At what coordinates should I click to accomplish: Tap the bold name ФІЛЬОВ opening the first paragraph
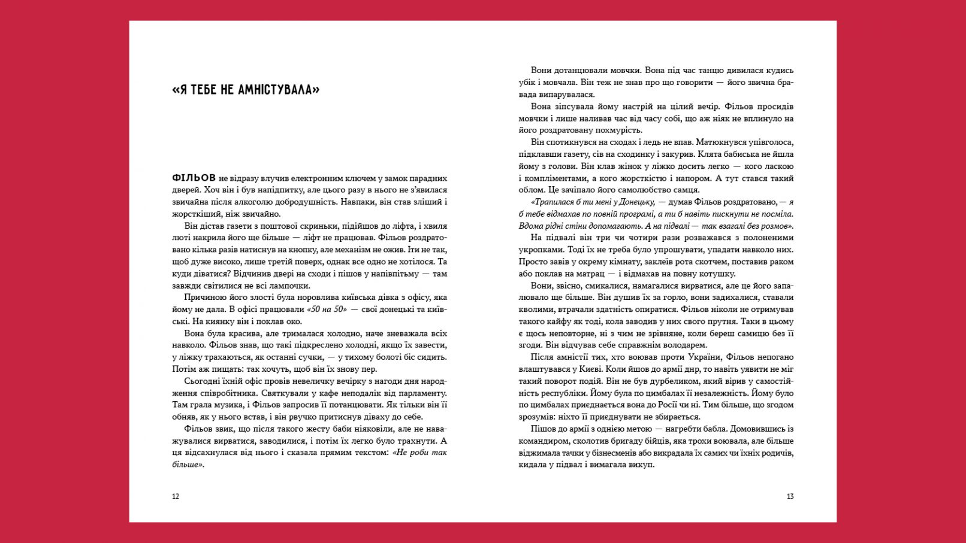click(x=194, y=178)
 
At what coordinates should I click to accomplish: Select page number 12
click(x=176, y=496)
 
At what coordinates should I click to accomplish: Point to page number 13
click(x=790, y=496)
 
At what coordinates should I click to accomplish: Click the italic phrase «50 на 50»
click(x=327, y=310)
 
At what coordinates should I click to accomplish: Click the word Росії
click(x=668, y=405)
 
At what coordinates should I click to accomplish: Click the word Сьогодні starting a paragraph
click(x=204, y=381)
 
